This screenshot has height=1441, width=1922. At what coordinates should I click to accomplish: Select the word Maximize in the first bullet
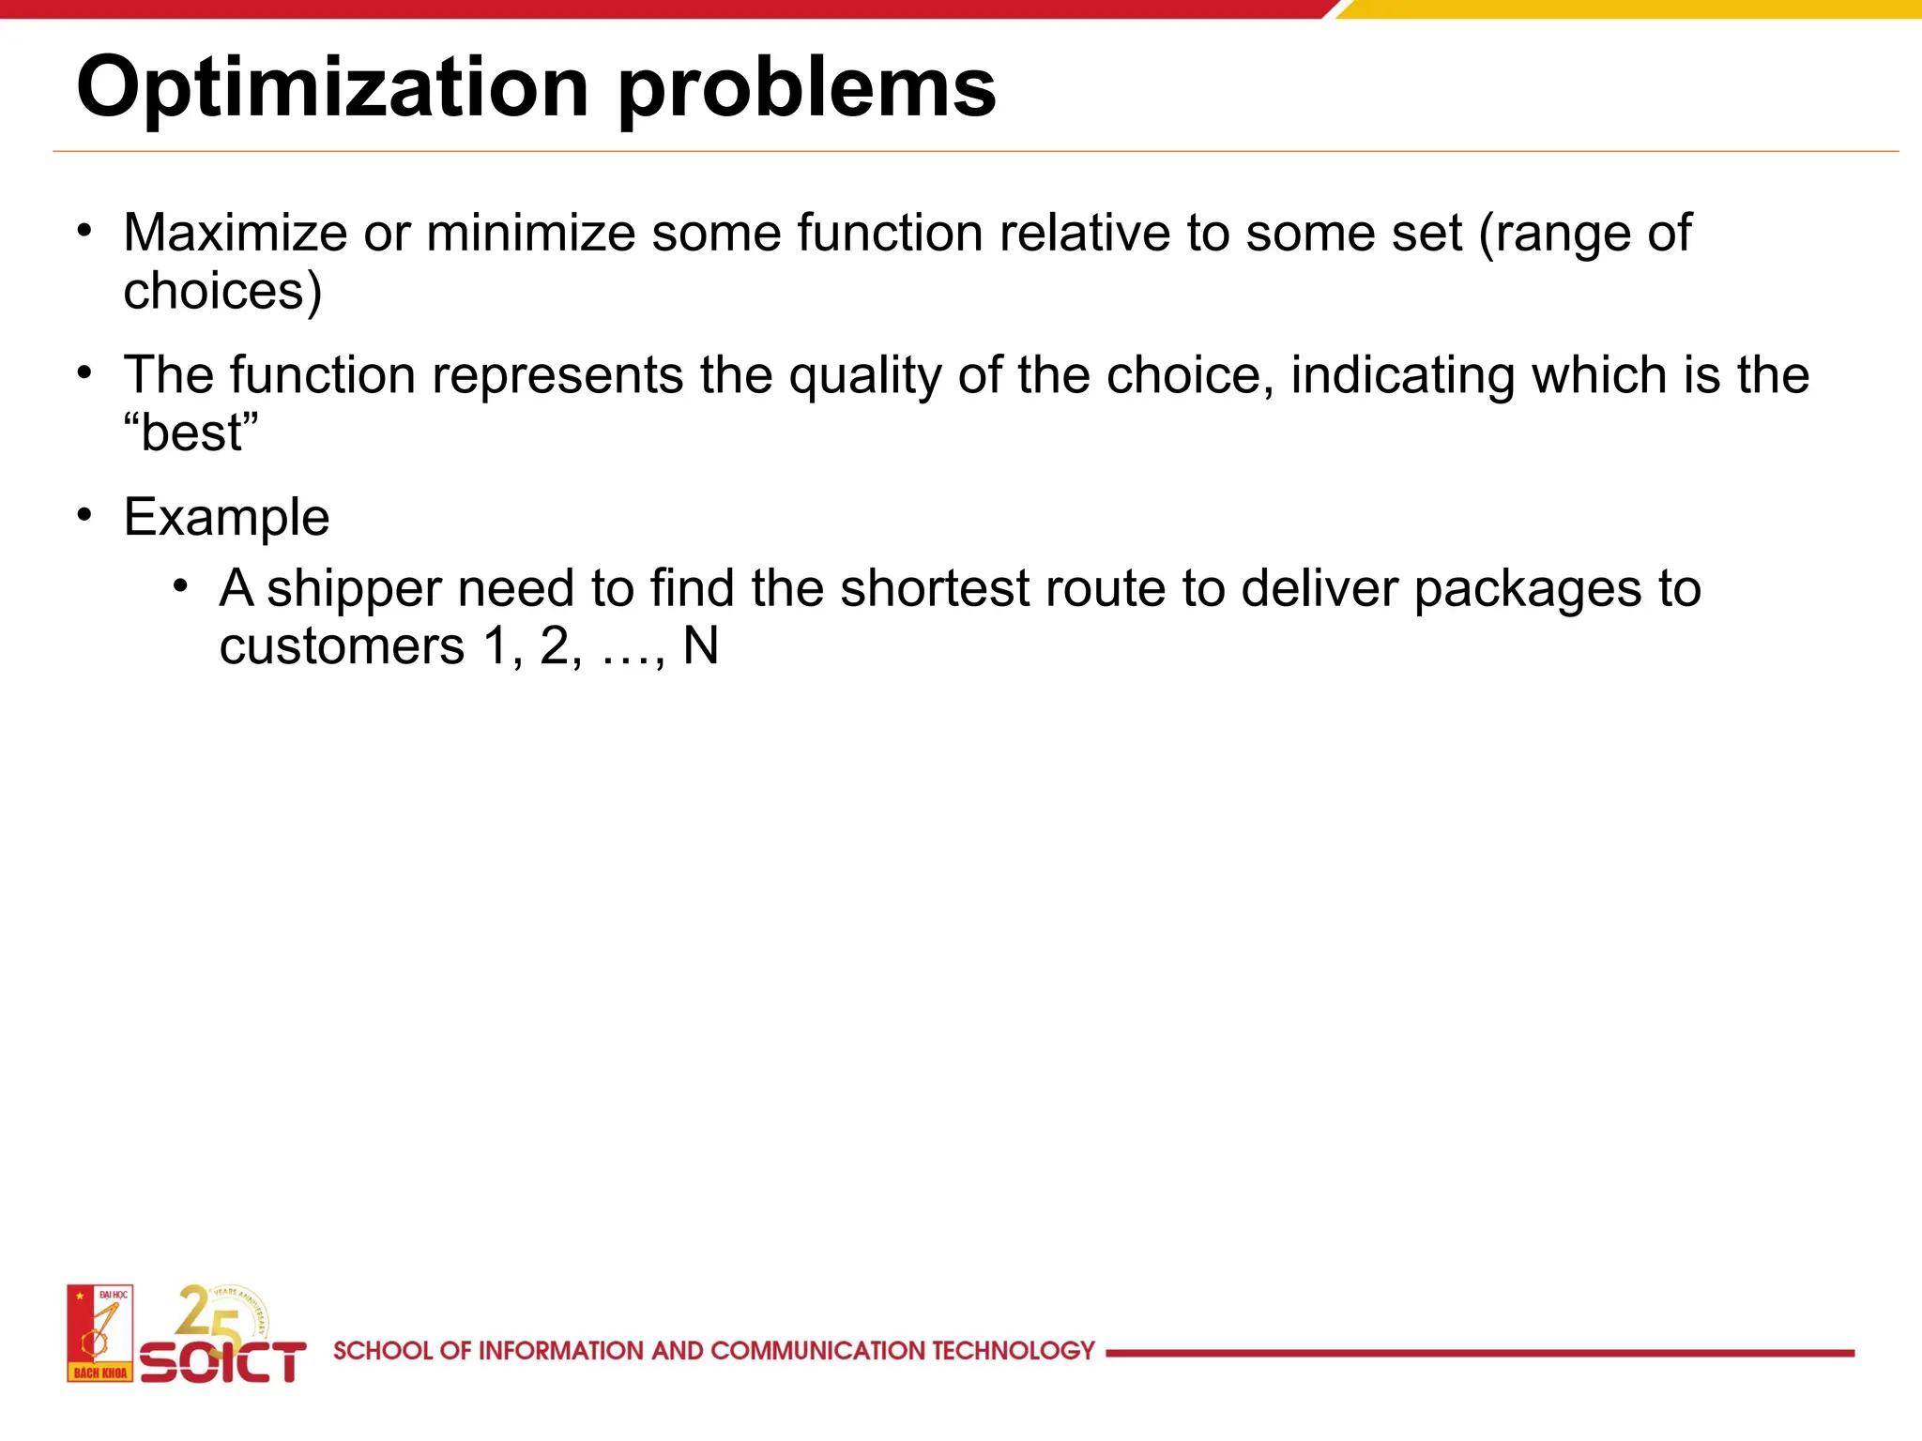click(235, 233)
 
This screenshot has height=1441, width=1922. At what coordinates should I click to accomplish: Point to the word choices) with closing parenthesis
click(222, 292)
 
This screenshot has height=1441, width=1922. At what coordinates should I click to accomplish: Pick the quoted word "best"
click(191, 433)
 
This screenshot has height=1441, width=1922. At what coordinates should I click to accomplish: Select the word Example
click(226, 518)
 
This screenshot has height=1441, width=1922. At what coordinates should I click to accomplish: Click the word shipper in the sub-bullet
click(354, 589)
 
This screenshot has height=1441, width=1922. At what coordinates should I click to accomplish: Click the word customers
click(342, 646)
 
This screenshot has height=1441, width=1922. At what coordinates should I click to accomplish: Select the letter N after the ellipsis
click(701, 646)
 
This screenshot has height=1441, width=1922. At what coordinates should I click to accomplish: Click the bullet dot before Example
click(85, 515)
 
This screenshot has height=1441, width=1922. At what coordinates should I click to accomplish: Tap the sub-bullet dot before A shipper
click(181, 586)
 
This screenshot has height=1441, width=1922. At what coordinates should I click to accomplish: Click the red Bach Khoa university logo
click(99, 1333)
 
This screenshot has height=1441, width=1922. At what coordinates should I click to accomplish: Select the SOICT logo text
click(223, 1362)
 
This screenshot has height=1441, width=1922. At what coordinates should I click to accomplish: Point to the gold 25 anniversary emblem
click(221, 1313)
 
